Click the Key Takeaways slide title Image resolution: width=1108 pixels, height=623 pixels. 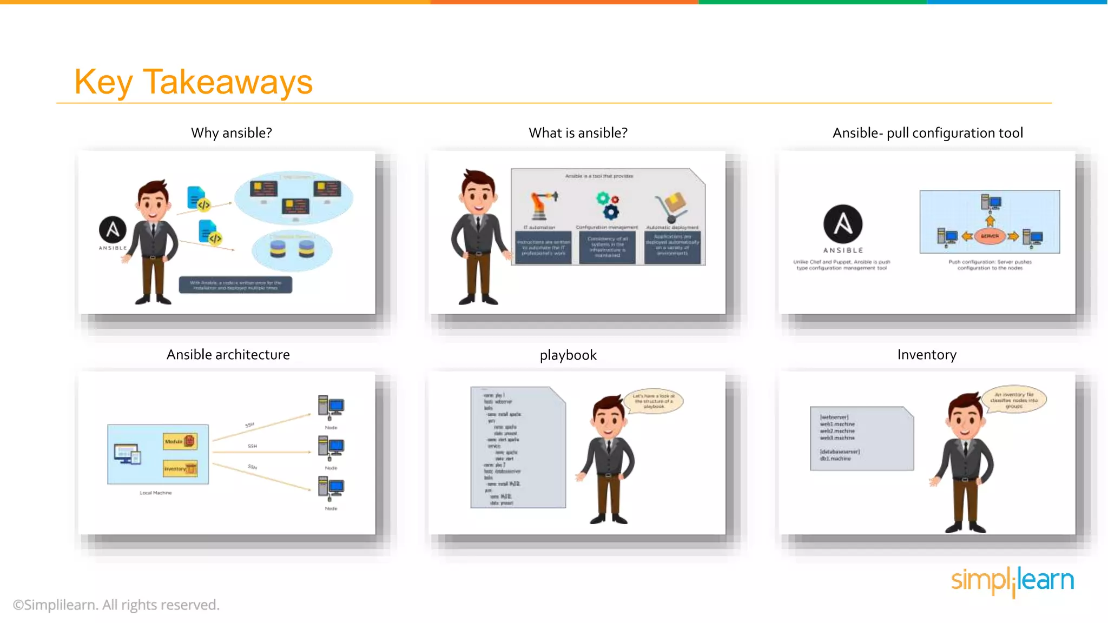193,82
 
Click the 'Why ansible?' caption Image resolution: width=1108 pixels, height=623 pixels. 231,133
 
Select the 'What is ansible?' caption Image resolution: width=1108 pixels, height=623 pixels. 578,133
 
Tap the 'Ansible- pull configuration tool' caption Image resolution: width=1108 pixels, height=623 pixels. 927,133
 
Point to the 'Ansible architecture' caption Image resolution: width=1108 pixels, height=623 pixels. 228,355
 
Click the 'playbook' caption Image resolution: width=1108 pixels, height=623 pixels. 568,355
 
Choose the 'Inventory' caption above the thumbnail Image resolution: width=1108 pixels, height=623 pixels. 926,355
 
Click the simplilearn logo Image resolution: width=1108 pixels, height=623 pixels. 1012,581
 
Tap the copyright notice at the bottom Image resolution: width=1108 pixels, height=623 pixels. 116,605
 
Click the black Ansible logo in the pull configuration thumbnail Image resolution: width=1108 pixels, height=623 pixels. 842,224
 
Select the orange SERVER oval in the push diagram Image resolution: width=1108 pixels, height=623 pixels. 990,236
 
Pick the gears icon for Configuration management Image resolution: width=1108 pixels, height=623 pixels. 608,206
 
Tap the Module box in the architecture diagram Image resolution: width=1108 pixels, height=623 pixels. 180,441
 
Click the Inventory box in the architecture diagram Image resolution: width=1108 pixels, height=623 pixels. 180,469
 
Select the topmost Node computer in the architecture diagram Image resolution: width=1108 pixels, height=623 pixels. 331,407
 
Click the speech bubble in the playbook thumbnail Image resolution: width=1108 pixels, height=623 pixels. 654,401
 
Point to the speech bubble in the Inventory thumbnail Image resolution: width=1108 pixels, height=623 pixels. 1014,400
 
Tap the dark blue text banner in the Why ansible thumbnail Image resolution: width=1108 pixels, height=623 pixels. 235,285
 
